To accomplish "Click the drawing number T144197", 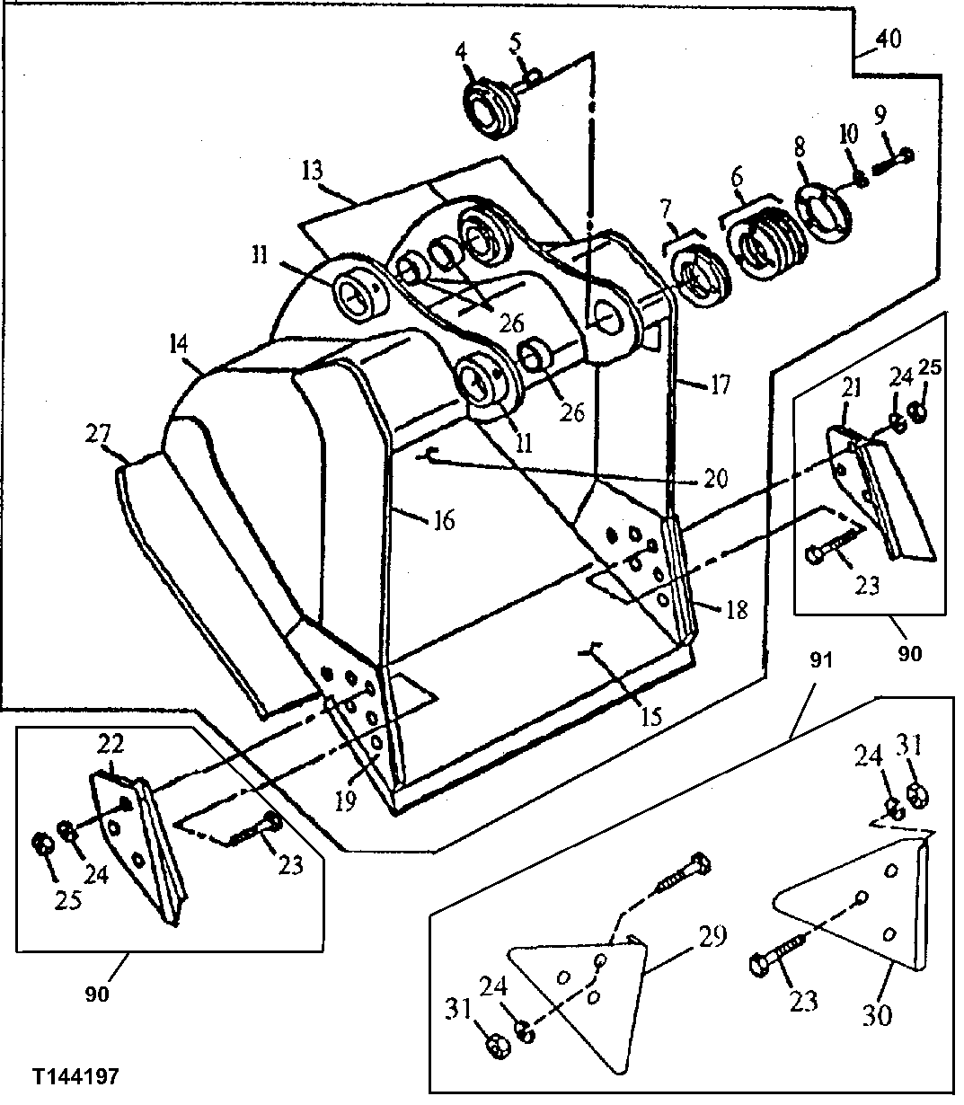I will coord(75,1076).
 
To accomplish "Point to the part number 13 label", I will coord(313,171).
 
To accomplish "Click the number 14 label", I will coord(178,344).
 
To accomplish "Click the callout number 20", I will coord(715,478).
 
